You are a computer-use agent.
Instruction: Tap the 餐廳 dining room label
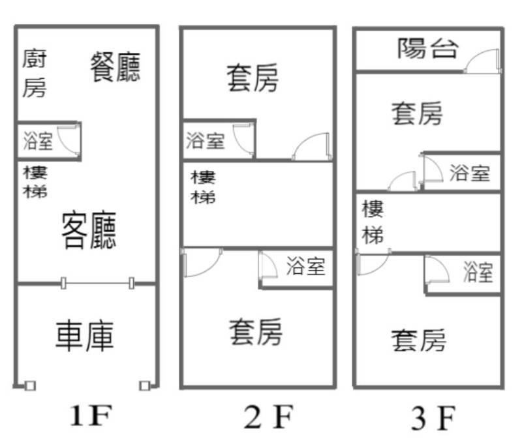point(115,67)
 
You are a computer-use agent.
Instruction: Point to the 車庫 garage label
point(85,336)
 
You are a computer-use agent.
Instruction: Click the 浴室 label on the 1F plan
point(38,140)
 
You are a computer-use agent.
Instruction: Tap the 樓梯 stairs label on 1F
point(35,182)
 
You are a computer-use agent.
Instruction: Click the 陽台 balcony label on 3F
point(427,48)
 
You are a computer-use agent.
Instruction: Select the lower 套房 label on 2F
point(256,332)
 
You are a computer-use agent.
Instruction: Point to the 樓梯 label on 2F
point(203,187)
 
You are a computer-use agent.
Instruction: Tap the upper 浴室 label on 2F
point(206,140)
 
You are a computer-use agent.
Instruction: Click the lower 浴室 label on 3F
point(478,271)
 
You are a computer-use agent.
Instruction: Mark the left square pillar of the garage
point(30,385)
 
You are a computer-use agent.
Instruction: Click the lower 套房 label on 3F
point(419,340)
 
